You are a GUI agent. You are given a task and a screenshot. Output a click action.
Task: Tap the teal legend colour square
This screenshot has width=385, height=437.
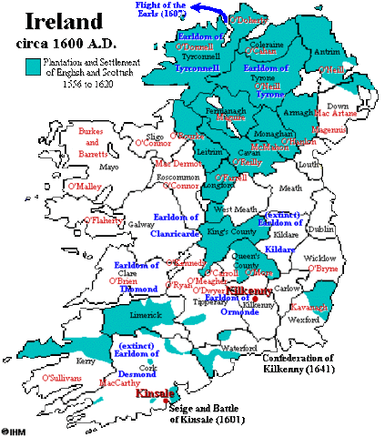point(33,66)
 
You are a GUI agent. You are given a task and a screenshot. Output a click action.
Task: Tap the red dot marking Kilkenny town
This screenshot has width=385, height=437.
point(258,300)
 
